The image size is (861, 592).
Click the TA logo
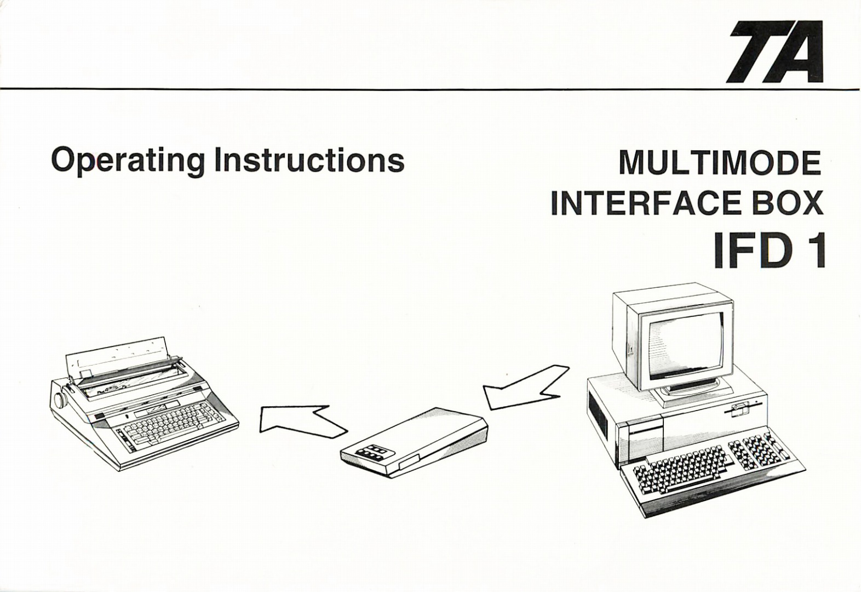pyautogui.click(x=776, y=52)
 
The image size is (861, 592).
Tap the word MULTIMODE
pyautogui.click(x=720, y=163)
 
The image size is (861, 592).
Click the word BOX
pyautogui.click(x=788, y=203)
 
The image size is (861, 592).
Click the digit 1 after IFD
pyautogui.click(x=814, y=252)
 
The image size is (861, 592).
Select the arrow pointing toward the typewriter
pyautogui.click(x=299, y=422)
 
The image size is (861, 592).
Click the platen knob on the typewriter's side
pyautogui.click(x=60, y=400)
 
